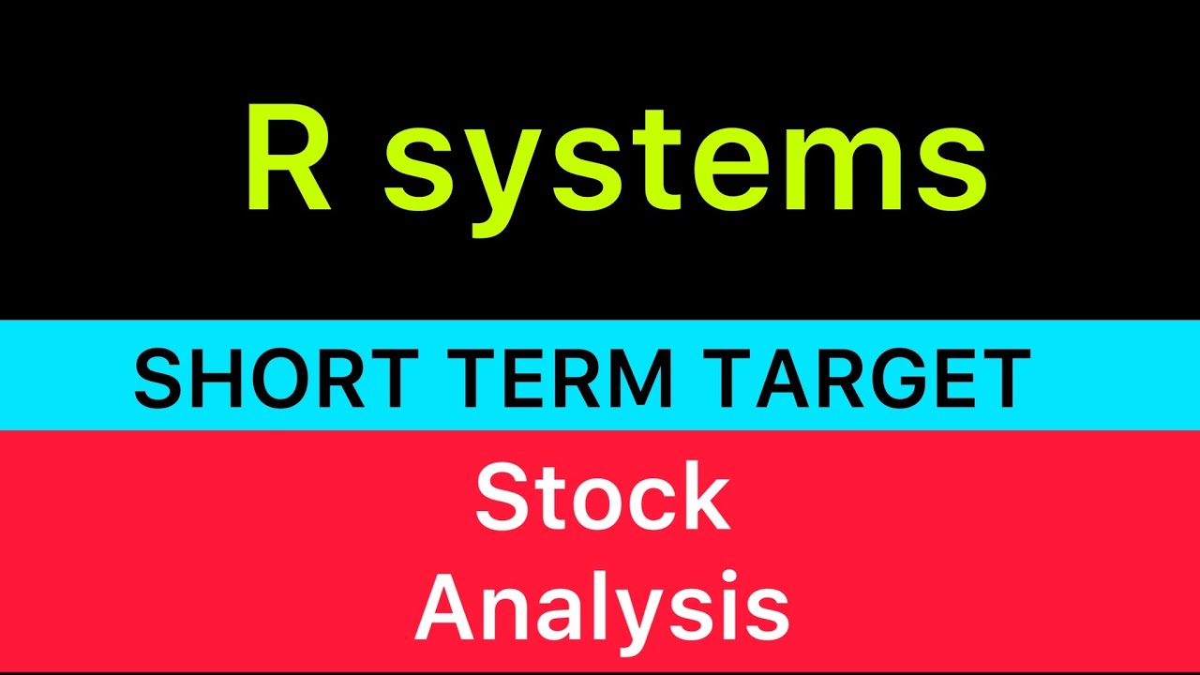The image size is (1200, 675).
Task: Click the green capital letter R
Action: coord(289,159)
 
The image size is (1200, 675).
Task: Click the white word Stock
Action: coord(602,499)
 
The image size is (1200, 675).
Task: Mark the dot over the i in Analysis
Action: coord(712,573)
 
